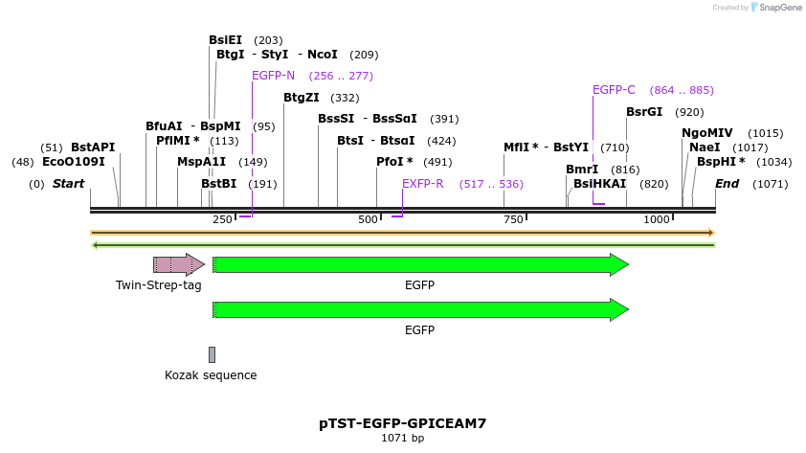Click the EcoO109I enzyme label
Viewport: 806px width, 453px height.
[x=73, y=162]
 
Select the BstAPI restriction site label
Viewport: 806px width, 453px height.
[x=93, y=147]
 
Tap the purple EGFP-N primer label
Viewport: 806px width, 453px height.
[x=273, y=76]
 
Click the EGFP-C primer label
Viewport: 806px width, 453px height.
[x=614, y=90]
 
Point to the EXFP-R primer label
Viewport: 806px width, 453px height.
[x=422, y=184]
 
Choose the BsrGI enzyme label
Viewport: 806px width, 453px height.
[x=644, y=112]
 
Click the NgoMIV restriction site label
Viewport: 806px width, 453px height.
[x=707, y=133]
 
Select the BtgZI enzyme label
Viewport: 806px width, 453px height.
[x=302, y=98]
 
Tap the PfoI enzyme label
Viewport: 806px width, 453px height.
[x=394, y=162]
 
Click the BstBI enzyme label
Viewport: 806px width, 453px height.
[x=218, y=184]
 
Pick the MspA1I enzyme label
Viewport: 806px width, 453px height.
[x=202, y=162]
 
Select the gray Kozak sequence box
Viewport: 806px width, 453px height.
[x=212, y=354]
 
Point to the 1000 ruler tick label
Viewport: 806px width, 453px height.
[x=657, y=220]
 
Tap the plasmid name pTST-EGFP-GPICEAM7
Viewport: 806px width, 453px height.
[x=402, y=422]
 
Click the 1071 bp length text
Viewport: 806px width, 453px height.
[x=402, y=438]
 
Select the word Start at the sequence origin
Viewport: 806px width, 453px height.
[x=68, y=184]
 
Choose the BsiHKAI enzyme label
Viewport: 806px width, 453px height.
[x=599, y=184]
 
